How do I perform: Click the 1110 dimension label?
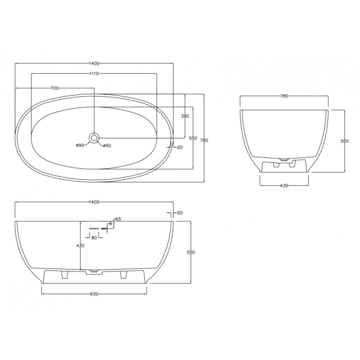click(x=94, y=73)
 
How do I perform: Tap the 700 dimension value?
click(x=54, y=88)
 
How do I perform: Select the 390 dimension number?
click(x=185, y=116)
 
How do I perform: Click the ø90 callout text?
click(x=80, y=145)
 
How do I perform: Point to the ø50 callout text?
click(x=107, y=145)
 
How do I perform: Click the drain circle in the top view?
click(x=94, y=138)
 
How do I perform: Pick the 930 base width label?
click(x=94, y=294)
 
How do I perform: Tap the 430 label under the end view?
click(x=284, y=185)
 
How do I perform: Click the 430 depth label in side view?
click(x=81, y=246)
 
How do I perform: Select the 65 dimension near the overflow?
click(x=118, y=219)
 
